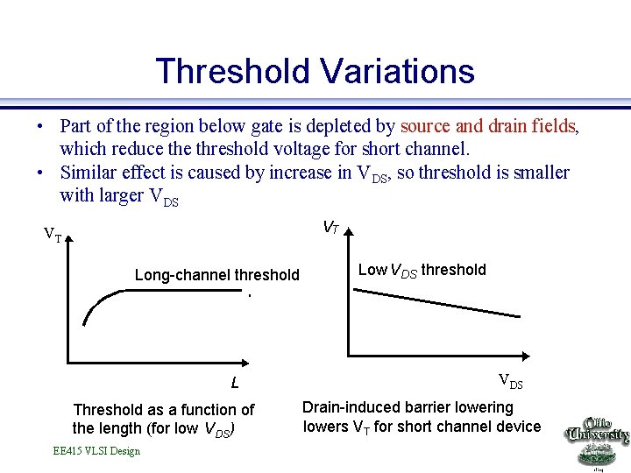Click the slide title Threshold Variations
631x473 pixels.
315,71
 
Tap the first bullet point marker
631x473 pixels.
40,127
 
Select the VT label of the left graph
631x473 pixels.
53,235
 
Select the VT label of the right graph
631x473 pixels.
331,228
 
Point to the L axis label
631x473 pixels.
234,383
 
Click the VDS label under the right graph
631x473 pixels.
510,380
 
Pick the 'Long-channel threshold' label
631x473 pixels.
216,275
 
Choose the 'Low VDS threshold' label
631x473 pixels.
422,270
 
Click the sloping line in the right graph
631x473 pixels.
436,303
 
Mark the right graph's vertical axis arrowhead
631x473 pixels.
348,234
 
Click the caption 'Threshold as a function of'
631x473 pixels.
164,409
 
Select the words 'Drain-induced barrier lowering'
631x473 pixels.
408,407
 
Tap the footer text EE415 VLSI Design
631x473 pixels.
96,451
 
